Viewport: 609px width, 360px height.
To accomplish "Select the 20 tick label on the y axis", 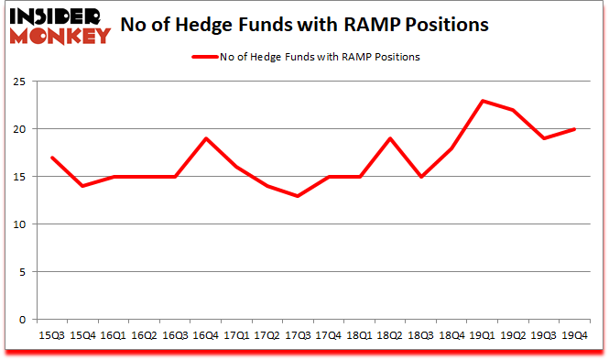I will click(19, 128).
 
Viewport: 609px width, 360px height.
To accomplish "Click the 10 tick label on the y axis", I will click(19, 224).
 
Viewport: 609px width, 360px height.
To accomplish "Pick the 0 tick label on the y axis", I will click(22, 319).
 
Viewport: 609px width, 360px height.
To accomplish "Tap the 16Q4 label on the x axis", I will click(207, 335).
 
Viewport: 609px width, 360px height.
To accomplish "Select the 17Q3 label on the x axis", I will click(297, 335).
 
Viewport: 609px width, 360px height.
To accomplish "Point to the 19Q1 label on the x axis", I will click(482, 335).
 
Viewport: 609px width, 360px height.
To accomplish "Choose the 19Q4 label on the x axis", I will click(574, 335).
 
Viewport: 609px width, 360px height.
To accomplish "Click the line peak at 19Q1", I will click(482, 101).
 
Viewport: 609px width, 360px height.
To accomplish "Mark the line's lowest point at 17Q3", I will click(297, 196).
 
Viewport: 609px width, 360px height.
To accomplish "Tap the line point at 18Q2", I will click(389, 138).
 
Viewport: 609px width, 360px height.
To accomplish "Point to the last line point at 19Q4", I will click(574, 129).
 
